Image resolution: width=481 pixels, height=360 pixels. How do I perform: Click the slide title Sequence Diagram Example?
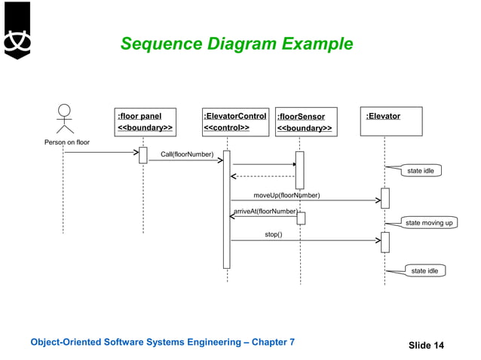pyautogui.click(x=236, y=44)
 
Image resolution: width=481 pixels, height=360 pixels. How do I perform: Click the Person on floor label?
pyautogui.click(x=66, y=142)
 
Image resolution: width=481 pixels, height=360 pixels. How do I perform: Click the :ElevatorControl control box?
pyautogui.click(x=234, y=122)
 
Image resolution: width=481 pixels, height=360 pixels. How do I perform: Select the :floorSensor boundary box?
pyautogui.click(x=305, y=122)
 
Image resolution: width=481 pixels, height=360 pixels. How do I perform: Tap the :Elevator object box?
pyautogui.click(x=384, y=122)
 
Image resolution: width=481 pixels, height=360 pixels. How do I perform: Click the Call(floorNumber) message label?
pyautogui.click(x=187, y=154)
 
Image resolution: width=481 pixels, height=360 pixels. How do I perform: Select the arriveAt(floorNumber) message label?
pyautogui.click(x=265, y=212)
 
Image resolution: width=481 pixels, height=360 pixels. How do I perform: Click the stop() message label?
pyautogui.click(x=274, y=234)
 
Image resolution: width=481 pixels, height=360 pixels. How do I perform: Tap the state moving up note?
pyautogui.click(x=429, y=223)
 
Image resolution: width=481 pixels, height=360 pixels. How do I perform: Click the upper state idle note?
pyautogui.click(x=421, y=171)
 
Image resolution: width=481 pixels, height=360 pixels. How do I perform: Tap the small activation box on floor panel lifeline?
pyautogui.click(x=142, y=154)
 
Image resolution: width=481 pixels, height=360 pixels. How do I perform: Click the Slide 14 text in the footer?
pyautogui.click(x=426, y=345)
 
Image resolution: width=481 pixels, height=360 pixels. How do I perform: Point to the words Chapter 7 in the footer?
pyautogui.click(x=271, y=343)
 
